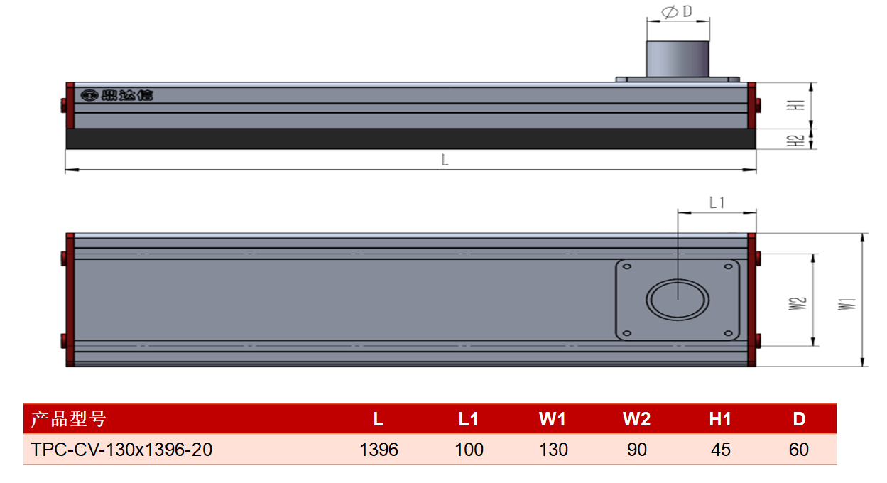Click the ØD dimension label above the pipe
[x=677, y=11]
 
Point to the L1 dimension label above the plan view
[x=717, y=202]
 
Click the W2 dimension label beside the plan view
[x=797, y=304]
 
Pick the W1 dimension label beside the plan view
[x=847, y=304]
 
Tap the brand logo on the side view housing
[x=116, y=95]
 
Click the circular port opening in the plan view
[x=678, y=300]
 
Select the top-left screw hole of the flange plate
[x=627, y=266]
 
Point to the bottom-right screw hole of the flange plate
[x=728, y=333]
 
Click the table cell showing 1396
[x=379, y=450]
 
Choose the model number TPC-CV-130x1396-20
[x=121, y=450]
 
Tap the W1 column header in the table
[x=553, y=419]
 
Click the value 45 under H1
[x=720, y=450]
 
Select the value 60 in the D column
[x=799, y=450]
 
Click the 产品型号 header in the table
[x=68, y=419]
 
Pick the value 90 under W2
[x=637, y=450]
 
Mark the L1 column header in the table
[x=469, y=419]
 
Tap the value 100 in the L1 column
[x=469, y=450]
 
